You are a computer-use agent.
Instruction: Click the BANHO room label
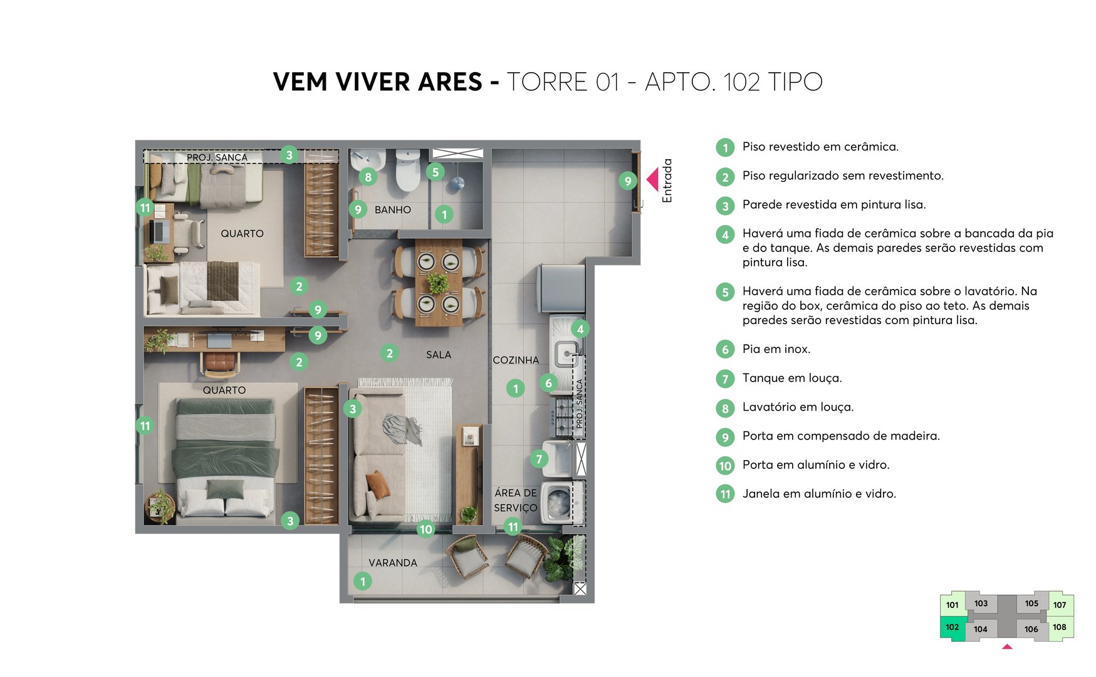(x=392, y=210)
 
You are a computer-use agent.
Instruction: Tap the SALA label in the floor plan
(x=438, y=355)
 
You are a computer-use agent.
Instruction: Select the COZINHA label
(x=515, y=360)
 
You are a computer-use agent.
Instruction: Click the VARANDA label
(x=392, y=563)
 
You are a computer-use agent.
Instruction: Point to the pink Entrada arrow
(x=652, y=180)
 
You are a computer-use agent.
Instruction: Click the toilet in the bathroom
(x=407, y=171)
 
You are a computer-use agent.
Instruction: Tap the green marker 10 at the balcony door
(x=425, y=529)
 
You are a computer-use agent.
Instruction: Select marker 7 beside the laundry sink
(x=539, y=459)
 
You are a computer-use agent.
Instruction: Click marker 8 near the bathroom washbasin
(x=368, y=177)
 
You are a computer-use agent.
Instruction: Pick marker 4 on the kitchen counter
(x=580, y=329)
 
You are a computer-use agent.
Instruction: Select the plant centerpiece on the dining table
(x=438, y=283)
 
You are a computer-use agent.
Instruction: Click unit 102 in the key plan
(x=952, y=627)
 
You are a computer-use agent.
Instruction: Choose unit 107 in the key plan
(x=1059, y=605)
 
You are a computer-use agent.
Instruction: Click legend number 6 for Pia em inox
(x=725, y=349)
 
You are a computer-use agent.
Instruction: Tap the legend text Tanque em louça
(x=792, y=378)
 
